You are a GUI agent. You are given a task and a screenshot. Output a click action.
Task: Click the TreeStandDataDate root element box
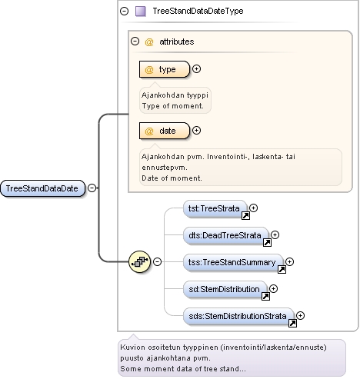tap(42, 188)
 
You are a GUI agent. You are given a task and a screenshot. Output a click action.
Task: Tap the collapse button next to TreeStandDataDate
tap(92, 188)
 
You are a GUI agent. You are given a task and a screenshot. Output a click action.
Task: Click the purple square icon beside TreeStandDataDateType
tap(141, 12)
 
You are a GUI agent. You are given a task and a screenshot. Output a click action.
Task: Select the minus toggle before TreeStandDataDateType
tap(125, 11)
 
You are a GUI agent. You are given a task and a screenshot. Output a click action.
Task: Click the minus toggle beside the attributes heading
tap(135, 42)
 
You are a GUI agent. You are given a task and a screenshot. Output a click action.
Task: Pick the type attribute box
tap(165, 69)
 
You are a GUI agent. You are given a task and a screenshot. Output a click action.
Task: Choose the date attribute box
tap(165, 131)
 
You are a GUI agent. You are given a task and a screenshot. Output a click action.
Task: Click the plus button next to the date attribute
tap(196, 131)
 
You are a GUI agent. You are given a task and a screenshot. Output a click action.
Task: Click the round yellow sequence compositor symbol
tap(139, 261)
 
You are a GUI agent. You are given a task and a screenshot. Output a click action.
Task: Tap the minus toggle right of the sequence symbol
tap(157, 261)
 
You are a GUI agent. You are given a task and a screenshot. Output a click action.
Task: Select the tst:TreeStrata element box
tap(215, 209)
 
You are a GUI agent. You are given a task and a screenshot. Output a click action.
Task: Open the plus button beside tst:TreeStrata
tap(253, 208)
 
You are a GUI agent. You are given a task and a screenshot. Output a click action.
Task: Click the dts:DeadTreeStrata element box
tap(226, 236)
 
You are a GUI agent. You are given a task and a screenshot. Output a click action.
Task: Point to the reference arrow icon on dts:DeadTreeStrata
tap(267, 242)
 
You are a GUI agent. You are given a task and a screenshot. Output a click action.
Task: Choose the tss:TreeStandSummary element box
tap(233, 263)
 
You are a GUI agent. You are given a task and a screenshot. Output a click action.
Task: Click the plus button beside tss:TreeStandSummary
tap(289, 261)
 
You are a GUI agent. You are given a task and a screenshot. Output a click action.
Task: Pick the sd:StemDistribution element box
tap(225, 290)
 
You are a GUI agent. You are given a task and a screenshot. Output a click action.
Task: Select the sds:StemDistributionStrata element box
tap(238, 317)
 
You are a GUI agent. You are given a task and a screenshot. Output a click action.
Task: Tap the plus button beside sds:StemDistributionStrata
tap(300, 315)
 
